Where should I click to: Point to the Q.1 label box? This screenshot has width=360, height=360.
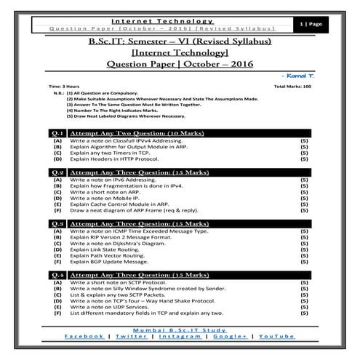tap(57, 134)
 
